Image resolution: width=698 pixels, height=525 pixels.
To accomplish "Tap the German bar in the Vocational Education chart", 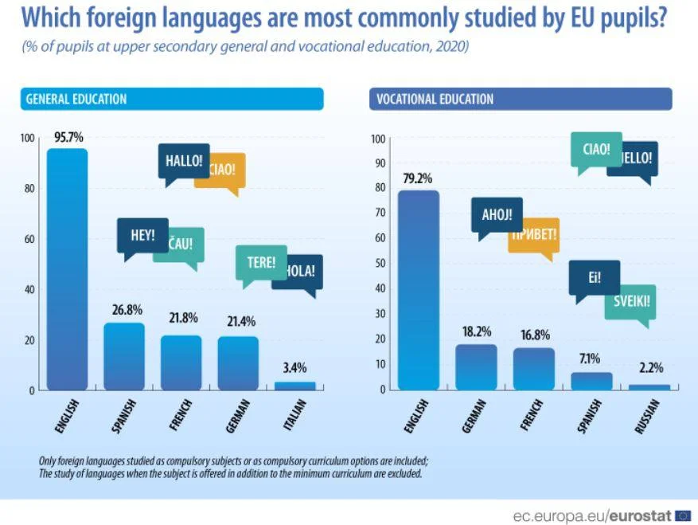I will pos(476,367).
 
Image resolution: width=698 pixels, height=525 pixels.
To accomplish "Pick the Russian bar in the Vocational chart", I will pos(649,386).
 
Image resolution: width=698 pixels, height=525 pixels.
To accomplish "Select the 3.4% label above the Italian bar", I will pos(294,367).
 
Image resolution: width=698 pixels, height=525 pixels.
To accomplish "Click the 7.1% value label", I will pos(591,358).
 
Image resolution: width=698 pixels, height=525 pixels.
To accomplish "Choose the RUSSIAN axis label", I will pos(647,416).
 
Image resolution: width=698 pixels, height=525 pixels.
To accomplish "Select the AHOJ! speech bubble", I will pos(496,214).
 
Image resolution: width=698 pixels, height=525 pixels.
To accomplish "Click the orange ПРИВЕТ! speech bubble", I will pos(535,235).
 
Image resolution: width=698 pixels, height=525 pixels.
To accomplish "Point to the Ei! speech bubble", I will pos(594,279).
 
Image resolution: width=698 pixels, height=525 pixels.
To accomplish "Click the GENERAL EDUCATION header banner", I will pos(172,99).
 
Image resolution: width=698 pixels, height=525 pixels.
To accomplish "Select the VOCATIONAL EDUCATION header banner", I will pos(521,99).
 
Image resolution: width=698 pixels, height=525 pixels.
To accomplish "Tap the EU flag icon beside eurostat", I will pos(683,515).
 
